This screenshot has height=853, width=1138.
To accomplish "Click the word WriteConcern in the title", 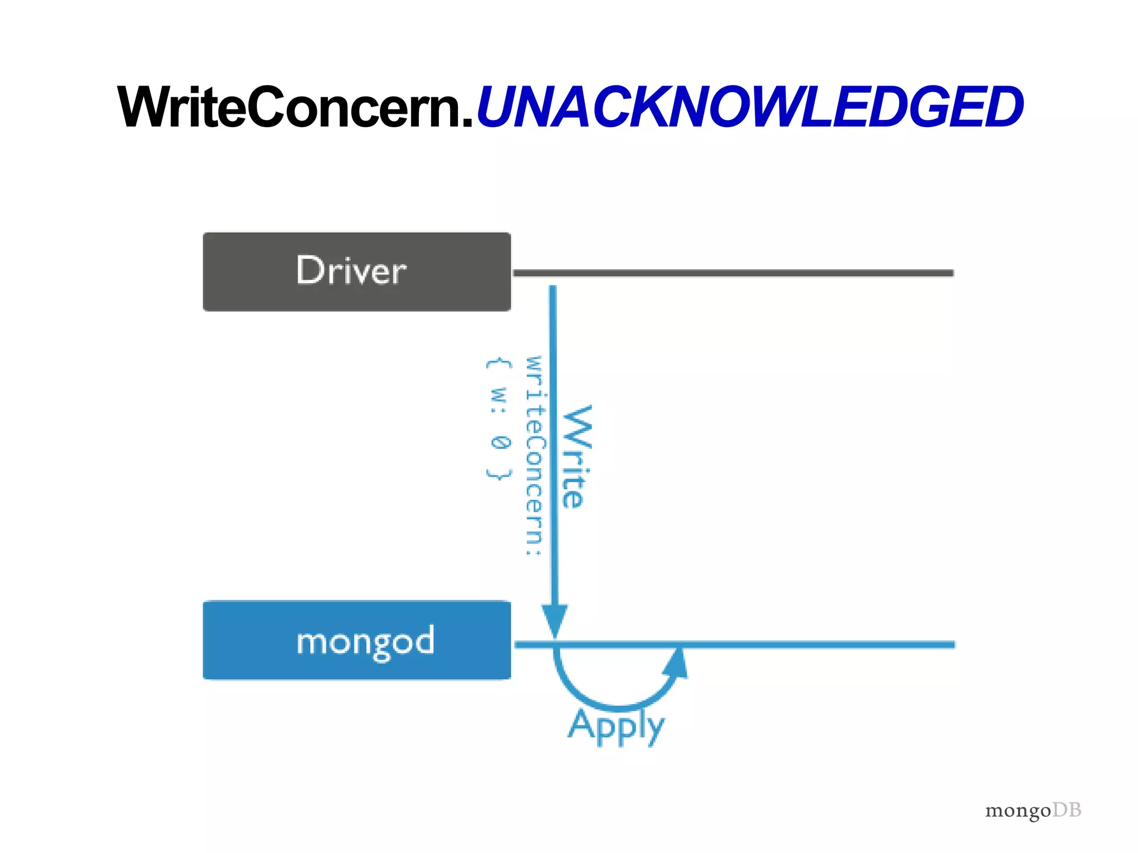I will [x=289, y=107].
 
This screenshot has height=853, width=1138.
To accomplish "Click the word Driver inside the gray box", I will [x=351, y=271].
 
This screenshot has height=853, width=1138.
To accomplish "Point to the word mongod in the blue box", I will [x=365, y=641].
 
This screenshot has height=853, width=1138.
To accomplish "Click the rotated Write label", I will [x=577, y=456].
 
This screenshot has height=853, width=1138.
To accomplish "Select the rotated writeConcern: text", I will [x=535, y=455].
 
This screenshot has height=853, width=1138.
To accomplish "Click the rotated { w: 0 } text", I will [x=498, y=419].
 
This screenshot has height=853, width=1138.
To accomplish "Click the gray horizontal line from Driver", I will [x=733, y=273].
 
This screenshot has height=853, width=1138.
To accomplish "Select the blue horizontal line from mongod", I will [x=817, y=645].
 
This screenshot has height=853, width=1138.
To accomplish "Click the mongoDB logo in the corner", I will [x=1033, y=810].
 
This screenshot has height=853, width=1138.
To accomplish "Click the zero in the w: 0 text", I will [x=500, y=443].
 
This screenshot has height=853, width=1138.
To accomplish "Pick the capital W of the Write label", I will [x=578, y=425].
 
